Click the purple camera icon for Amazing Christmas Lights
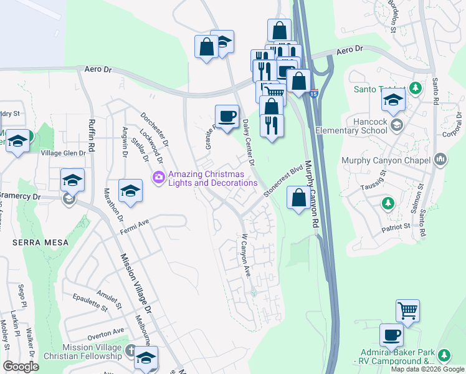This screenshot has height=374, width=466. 158,178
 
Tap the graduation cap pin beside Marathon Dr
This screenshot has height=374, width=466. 130,191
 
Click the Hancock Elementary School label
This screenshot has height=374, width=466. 356,126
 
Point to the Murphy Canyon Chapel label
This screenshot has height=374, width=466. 386,160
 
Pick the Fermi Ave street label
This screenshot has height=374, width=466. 135,225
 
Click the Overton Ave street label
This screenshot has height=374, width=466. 106,332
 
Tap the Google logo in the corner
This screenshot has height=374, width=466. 21,367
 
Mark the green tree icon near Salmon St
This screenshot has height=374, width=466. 388,203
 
